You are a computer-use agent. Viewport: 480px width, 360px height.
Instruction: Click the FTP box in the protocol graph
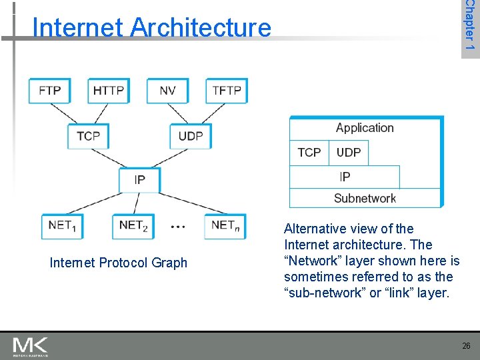(50, 91)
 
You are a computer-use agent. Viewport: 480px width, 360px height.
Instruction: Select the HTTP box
(109, 91)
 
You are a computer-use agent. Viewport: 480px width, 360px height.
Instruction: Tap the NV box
(168, 91)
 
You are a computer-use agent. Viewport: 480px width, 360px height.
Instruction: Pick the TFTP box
(227, 91)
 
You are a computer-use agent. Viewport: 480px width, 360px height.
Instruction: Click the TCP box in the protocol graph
(88, 136)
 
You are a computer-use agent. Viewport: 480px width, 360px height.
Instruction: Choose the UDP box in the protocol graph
(191, 136)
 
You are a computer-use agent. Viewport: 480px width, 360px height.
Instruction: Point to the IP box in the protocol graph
(139, 179)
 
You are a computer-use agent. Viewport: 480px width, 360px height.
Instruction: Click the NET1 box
(62, 225)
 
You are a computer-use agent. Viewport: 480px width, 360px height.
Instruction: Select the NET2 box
(133, 225)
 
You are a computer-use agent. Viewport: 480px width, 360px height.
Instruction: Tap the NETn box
(225, 225)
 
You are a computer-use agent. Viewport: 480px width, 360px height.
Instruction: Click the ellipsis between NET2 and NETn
(178, 227)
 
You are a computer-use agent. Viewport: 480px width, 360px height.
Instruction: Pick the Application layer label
(365, 128)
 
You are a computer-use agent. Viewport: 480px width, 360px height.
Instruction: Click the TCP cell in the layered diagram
(309, 153)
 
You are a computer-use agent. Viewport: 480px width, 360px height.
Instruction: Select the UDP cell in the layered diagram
(349, 153)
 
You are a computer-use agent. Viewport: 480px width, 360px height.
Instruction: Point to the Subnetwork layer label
(365, 198)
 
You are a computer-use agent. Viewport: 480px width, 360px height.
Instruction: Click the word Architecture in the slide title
(201, 28)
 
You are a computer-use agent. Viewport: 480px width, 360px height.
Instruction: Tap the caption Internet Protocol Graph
(119, 263)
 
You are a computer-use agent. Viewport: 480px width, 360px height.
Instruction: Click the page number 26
(466, 346)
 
